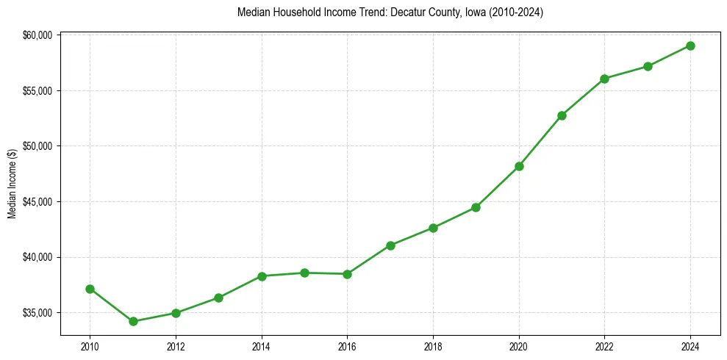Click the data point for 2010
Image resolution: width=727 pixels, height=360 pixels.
(90, 289)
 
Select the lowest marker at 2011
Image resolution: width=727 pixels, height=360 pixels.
(133, 321)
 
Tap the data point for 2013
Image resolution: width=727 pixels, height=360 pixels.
(218, 298)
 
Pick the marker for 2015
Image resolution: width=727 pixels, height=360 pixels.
(304, 273)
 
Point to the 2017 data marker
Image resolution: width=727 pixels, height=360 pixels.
(390, 245)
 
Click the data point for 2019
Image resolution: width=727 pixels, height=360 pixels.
(476, 207)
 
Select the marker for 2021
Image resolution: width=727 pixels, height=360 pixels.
(562, 115)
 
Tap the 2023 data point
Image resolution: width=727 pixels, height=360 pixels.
(648, 66)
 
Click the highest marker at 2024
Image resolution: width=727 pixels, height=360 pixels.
(690, 46)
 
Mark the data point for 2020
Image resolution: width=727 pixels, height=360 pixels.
(519, 166)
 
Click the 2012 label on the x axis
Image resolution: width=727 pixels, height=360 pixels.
(176, 347)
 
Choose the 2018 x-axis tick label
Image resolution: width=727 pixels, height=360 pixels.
(433, 347)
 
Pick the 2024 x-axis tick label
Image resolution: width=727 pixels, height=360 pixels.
(690, 347)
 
